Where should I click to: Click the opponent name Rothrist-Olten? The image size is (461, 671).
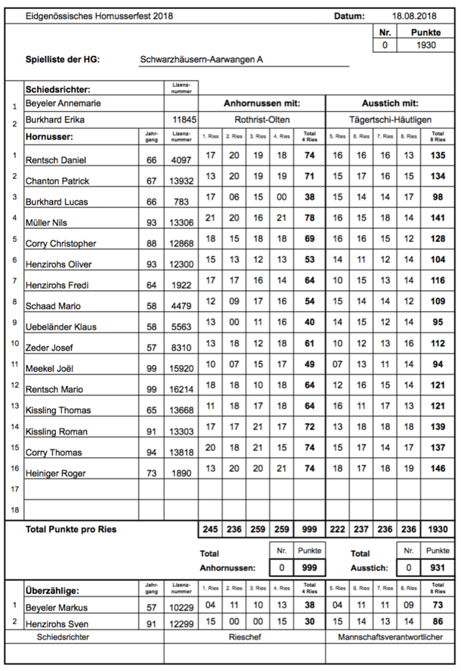pos(261,120)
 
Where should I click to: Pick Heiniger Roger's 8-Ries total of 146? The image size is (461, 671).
pos(435,469)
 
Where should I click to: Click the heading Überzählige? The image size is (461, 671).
pos(53,590)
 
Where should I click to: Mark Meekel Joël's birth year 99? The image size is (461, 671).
pos(151,369)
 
